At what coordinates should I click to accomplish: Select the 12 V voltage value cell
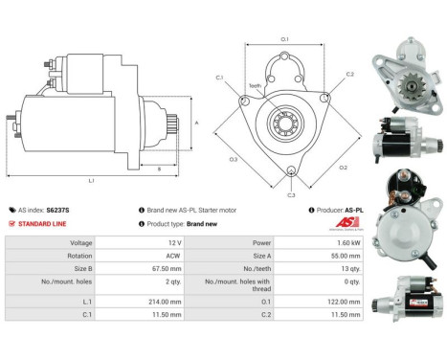point(164,243)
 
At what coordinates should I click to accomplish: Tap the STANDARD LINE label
point(43,223)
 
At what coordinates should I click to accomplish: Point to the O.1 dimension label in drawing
point(284,39)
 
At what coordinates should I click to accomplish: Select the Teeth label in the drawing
point(255,85)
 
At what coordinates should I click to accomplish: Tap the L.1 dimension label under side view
point(91,180)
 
